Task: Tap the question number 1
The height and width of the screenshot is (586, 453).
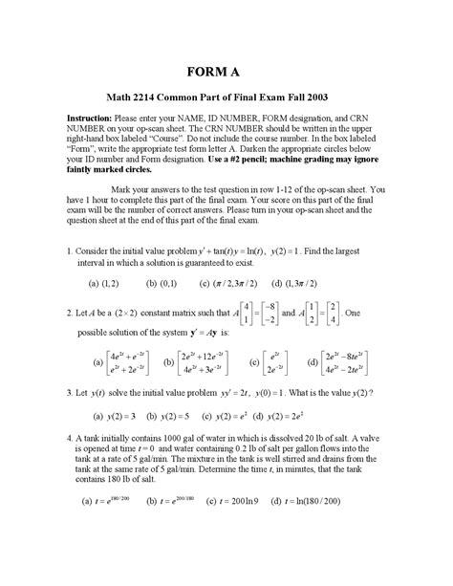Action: click(70, 250)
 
